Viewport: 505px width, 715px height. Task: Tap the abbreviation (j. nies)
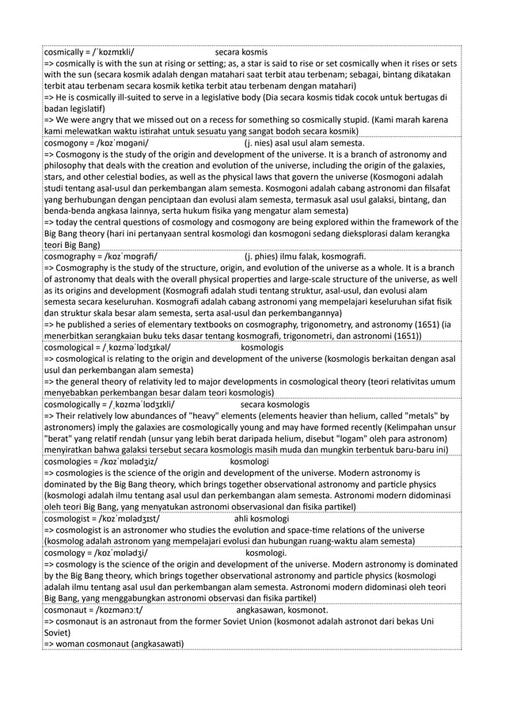coord(262,143)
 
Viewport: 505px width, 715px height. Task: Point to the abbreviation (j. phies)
coord(264,257)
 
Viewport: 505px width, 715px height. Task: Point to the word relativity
coord(136,382)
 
